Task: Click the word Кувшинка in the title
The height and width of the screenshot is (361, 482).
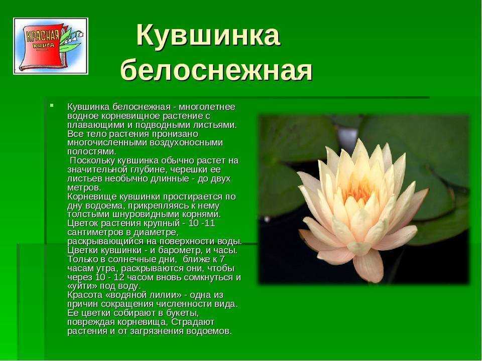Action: click(208, 35)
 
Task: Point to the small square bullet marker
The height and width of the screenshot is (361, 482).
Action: click(52, 106)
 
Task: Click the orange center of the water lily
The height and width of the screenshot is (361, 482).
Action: click(358, 192)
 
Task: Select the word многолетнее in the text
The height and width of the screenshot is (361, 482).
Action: click(207, 107)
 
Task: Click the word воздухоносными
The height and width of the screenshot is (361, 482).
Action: click(186, 143)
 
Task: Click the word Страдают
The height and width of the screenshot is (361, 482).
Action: click(193, 322)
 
